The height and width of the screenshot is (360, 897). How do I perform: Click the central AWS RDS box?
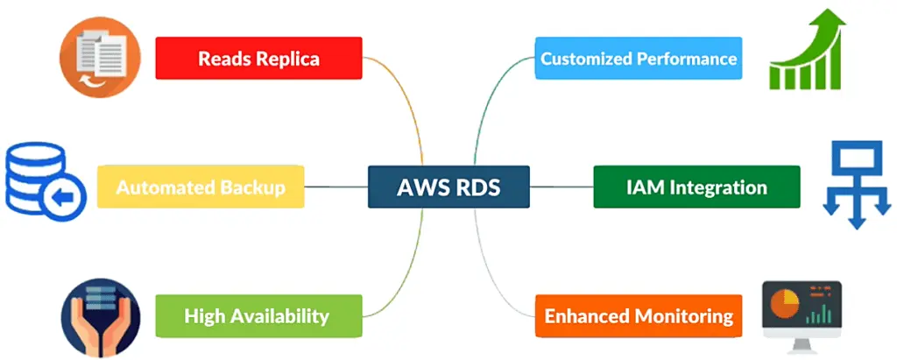coord(448,187)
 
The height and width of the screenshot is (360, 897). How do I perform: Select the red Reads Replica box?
coord(258,59)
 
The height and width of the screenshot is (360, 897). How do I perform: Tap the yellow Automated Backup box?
coord(201,187)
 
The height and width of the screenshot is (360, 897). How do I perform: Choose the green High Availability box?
coord(258,315)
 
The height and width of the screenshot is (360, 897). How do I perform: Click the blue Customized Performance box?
coord(639,59)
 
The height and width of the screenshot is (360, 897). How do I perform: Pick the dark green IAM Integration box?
coord(696,187)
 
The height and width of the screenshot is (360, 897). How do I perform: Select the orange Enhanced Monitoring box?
coord(639,315)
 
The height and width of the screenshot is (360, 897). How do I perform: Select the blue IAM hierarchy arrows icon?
coord(857,186)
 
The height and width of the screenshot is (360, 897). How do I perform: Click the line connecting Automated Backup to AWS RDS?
coord(336,187)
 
